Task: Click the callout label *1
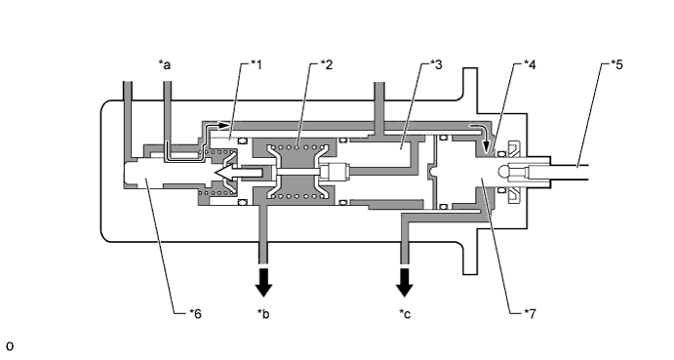click(257, 64)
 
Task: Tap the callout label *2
click(326, 64)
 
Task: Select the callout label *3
click(436, 64)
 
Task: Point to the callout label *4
click(530, 64)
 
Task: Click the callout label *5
click(617, 64)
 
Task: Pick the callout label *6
click(195, 313)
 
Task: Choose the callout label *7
click(531, 313)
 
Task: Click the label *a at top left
click(165, 64)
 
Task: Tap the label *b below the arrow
click(263, 313)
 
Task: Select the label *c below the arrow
click(405, 314)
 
